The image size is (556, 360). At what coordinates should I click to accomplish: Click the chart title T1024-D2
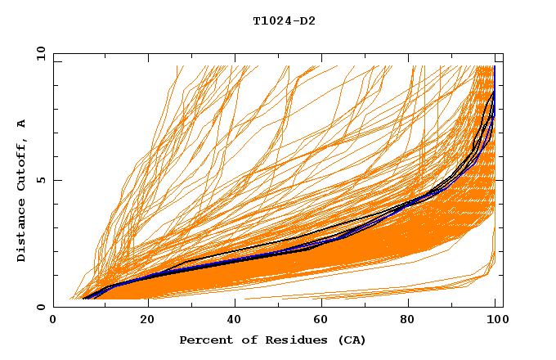284,21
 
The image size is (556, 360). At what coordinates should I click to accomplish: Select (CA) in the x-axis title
350,340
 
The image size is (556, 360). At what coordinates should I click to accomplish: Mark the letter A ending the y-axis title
22,124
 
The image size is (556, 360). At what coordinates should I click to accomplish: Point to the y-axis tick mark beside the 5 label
56,180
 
